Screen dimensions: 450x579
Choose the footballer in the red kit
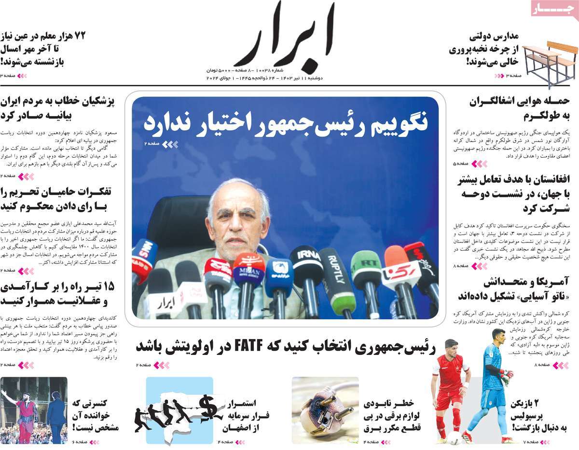click(451, 391)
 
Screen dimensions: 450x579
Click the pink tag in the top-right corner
click(554, 8)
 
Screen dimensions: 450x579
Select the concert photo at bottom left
click(33, 410)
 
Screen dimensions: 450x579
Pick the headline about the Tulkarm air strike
click(520, 109)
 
